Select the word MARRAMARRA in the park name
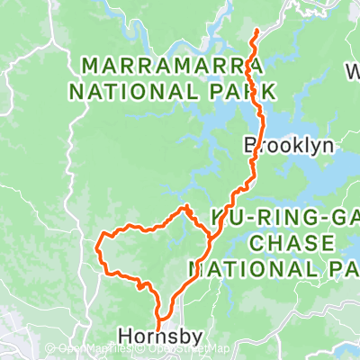coord(171,67)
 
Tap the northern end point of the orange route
coord(257,31)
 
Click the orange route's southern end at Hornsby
coord(159,329)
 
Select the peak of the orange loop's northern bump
coord(187,207)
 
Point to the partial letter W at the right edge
coord(353,70)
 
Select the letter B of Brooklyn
coord(249,145)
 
